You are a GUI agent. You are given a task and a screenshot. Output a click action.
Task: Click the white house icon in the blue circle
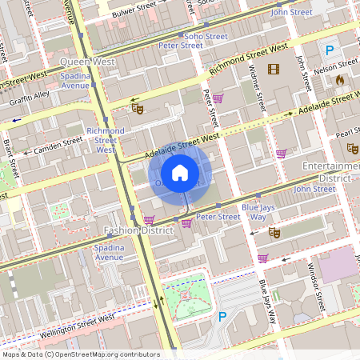(x=180, y=172)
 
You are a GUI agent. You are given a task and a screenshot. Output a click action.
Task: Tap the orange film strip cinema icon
(x=274, y=70)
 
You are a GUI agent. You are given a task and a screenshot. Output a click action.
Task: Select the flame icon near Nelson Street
(x=339, y=80)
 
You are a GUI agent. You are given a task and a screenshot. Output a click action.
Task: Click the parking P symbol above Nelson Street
(x=329, y=50)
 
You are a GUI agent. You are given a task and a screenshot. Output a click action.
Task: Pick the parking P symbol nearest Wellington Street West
(x=222, y=317)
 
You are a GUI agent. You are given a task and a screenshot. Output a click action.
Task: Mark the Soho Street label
(x=206, y=36)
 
